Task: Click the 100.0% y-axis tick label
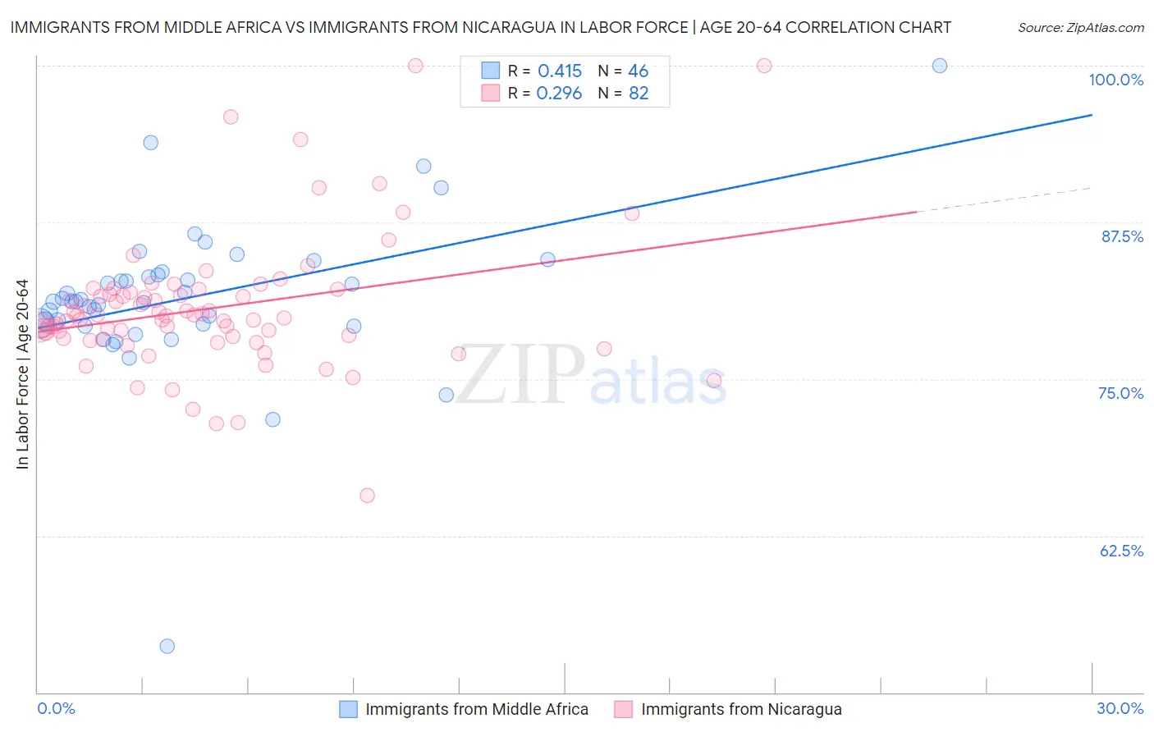tap(1115, 80)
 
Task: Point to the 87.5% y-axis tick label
tap(1122, 236)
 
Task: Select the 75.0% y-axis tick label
tap(1120, 393)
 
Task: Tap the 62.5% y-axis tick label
tap(1121, 551)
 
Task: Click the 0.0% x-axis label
tap(56, 708)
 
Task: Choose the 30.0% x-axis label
tap(1120, 708)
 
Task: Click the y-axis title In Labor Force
tap(22, 374)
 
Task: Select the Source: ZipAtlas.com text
tap(1080, 27)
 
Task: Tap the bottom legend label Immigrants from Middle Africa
tap(477, 709)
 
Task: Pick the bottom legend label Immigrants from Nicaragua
tap(741, 709)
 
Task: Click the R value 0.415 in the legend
tap(560, 71)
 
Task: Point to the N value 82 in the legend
tap(639, 94)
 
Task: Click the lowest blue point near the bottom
tap(167, 646)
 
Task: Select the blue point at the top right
tap(940, 66)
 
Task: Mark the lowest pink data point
tap(367, 496)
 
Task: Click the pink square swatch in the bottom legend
tap(624, 709)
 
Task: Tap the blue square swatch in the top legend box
tap(490, 71)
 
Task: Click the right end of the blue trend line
tap(1091, 115)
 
